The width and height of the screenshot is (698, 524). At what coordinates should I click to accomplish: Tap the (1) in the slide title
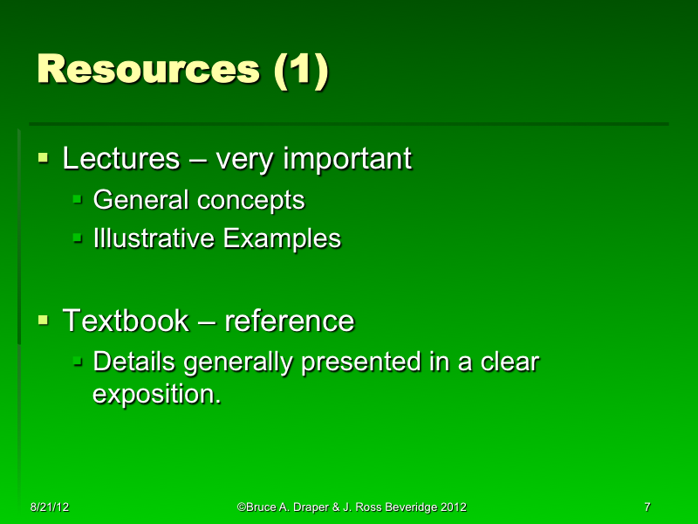coord(301,70)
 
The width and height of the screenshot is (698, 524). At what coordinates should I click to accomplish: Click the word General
coord(140,200)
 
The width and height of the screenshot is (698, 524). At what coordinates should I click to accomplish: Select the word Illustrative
coord(154,238)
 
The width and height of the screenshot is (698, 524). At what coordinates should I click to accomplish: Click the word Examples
coord(282,238)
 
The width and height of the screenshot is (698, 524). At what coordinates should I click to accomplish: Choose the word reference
coord(290,321)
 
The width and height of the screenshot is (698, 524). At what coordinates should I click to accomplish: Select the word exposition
coord(156,393)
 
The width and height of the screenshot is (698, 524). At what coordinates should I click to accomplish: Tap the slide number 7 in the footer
coord(647,507)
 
